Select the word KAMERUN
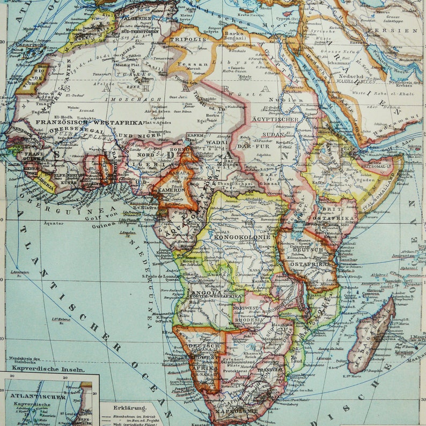[172, 190]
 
